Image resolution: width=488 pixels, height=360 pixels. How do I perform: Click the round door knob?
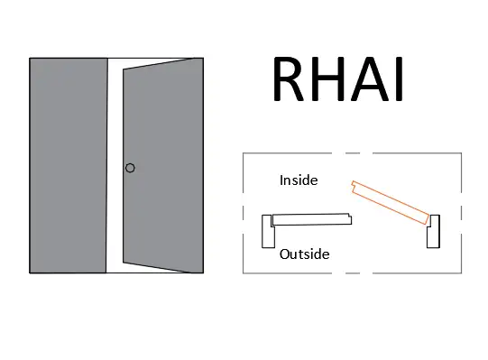(130, 168)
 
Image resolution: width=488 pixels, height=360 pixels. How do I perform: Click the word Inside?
(298, 180)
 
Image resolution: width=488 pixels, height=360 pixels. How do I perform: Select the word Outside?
(304, 254)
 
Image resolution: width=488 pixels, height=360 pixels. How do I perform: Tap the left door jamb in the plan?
(267, 231)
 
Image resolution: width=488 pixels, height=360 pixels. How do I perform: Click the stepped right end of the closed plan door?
(349, 217)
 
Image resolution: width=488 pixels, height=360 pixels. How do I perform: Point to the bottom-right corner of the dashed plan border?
(460, 272)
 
